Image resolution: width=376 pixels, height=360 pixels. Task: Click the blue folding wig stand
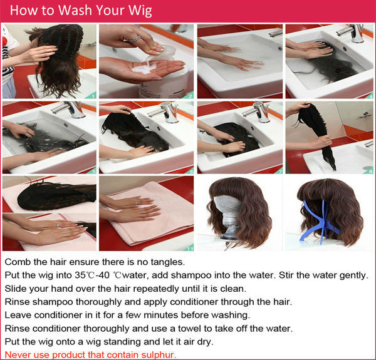[320, 220]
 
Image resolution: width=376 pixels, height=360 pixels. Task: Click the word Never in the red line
[15, 354]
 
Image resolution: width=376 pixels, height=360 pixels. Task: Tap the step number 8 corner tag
[370, 171]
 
